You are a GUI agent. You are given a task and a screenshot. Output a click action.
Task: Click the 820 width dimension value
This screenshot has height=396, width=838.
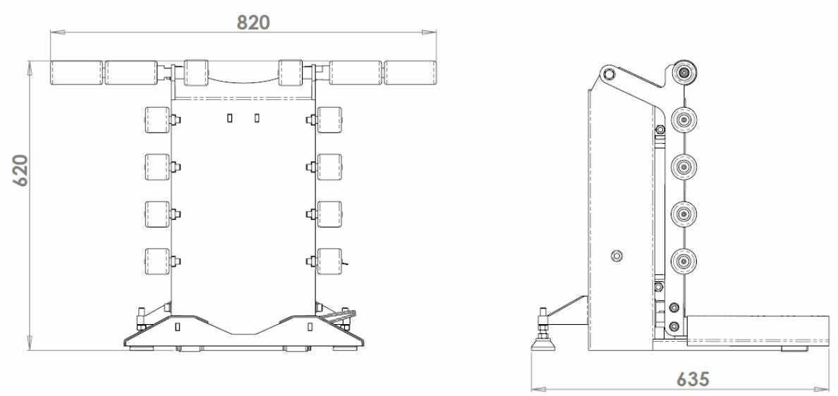pyautogui.click(x=253, y=22)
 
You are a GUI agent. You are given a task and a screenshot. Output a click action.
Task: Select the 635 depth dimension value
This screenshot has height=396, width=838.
pyautogui.click(x=693, y=378)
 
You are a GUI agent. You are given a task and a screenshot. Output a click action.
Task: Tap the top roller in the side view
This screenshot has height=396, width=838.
pyautogui.click(x=684, y=73)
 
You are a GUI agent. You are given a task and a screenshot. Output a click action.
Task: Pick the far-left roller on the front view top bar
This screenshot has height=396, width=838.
pyautogui.click(x=76, y=73)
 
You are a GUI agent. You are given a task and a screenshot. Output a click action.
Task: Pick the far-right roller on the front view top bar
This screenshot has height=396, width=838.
pyautogui.click(x=410, y=73)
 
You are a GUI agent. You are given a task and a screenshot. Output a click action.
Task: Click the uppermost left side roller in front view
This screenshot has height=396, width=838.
pyautogui.click(x=156, y=120)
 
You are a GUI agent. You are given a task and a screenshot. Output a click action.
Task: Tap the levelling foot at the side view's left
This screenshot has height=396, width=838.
pyautogui.click(x=546, y=341)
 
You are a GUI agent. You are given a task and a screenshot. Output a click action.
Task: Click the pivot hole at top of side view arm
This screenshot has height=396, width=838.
pyautogui.click(x=609, y=74)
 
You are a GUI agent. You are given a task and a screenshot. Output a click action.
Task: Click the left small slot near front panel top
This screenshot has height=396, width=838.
pyautogui.click(x=230, y=118)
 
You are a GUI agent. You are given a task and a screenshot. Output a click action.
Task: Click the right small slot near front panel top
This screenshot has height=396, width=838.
pyautogui.click(x=257, y=118)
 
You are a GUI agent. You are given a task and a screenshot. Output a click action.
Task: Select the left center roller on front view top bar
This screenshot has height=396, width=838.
pyautogui.click(x=195, y=73)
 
